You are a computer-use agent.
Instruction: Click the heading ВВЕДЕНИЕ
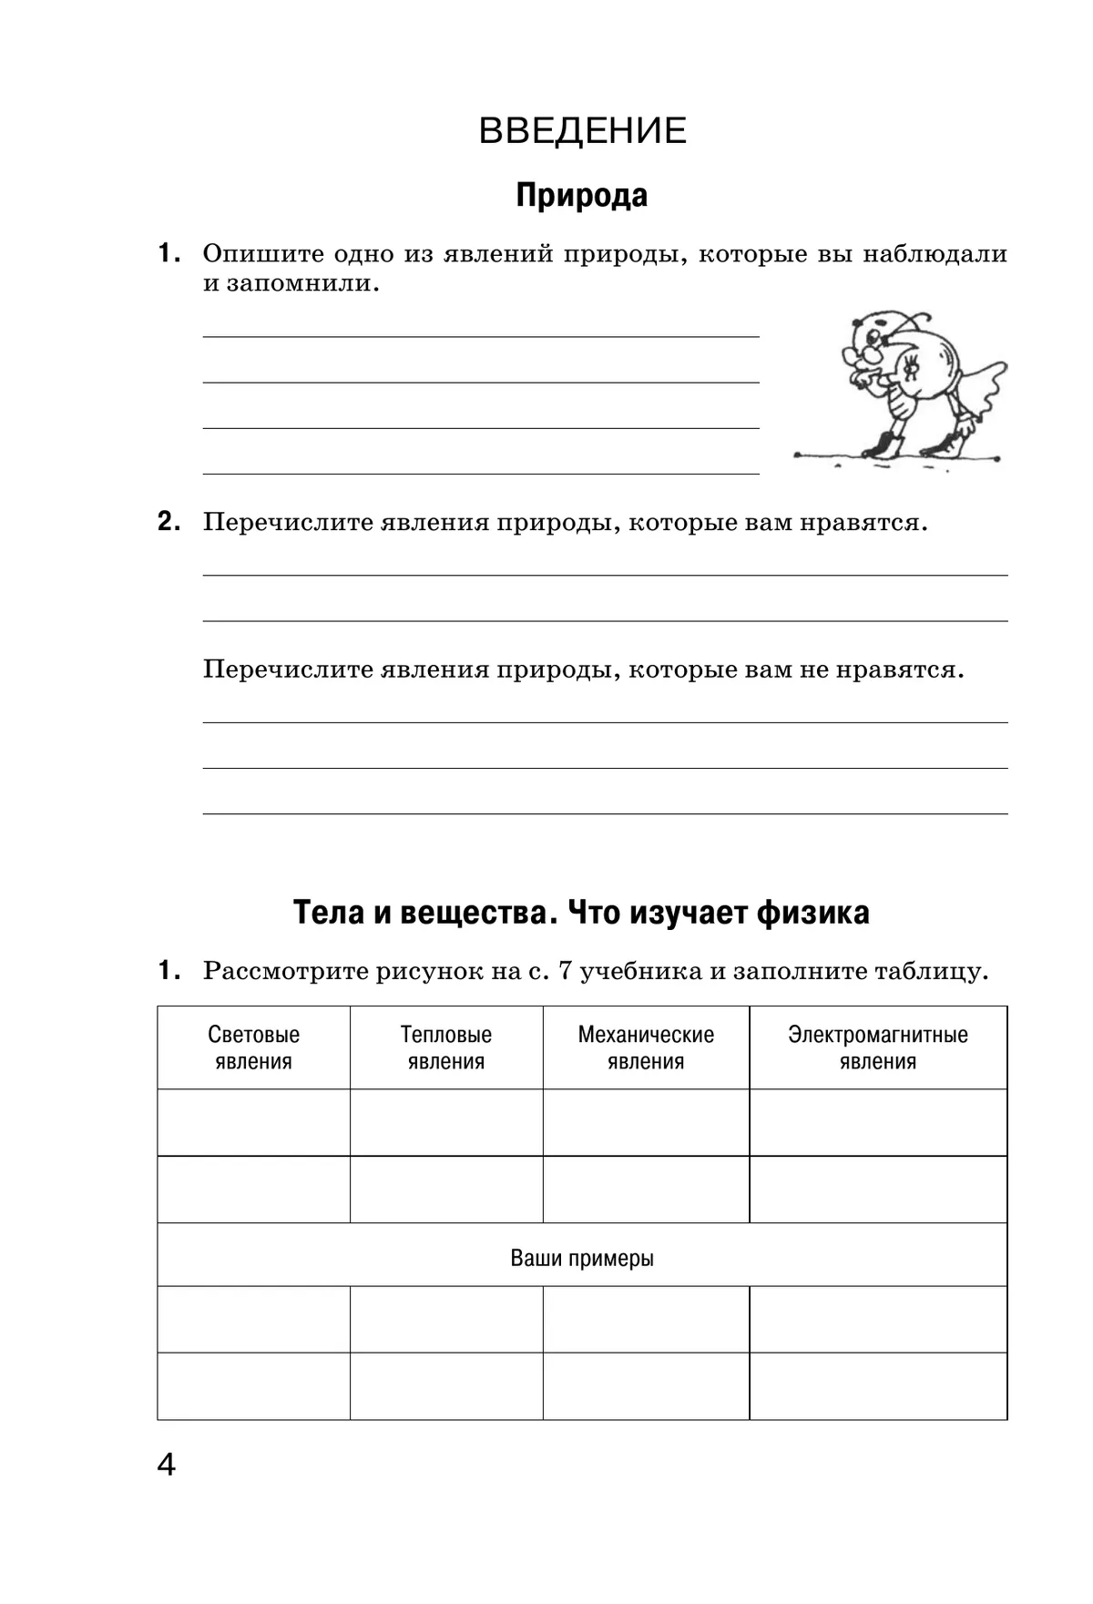tap(582, 131)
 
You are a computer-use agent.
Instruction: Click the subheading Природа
tap(581, 195)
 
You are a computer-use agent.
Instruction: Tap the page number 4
tap(166, 1465)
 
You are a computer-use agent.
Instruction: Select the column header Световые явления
tap(253, 1047)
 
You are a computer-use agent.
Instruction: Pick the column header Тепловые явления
tap(445, 1047)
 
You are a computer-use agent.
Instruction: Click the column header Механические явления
tap(646, 1047)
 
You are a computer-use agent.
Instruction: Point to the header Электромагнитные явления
tap(877, 1047)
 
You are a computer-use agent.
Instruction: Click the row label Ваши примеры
tap(582, 1258)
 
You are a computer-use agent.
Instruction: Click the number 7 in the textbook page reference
tap(564, 971)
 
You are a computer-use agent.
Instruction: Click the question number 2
tap(168, 522)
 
